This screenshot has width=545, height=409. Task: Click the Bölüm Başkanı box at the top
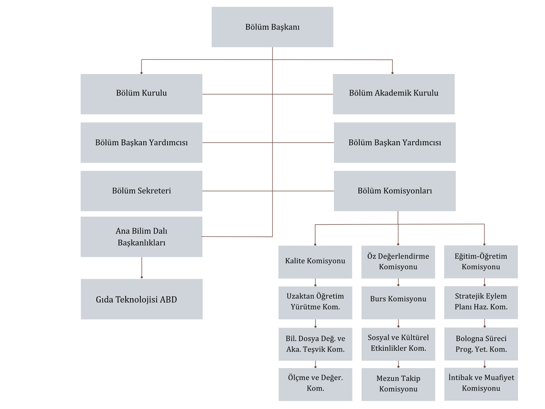[x=272, y=27]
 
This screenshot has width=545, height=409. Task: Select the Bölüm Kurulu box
[x=141, y=94]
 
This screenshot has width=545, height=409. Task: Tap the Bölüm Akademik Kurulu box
[x=393, y=94]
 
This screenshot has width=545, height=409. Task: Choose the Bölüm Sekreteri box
[x=141, y=191]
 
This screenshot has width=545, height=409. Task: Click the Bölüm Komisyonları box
[x=395, y=191]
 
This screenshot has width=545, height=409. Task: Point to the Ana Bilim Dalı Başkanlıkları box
[x=141, y=237]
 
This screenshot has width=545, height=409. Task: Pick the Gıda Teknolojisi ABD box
[x=142, y=299]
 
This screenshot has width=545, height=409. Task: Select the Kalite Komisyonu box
[x=315, y=262]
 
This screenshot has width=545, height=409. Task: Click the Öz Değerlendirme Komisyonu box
[x=398, y=262]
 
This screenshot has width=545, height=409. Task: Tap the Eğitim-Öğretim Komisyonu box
[x=481, y=262]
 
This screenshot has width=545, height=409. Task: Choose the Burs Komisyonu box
[x=398, y=303]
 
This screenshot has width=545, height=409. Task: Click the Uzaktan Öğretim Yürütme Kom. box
[x=315, y=303]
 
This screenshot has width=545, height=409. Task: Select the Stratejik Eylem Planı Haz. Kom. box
[x=481, y=302]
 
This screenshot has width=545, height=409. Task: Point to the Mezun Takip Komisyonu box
[x=398, y=384]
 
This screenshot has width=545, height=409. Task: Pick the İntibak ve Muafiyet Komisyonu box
[x=481, y=384]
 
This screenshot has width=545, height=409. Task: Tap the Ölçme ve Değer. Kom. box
[x=315, y=384]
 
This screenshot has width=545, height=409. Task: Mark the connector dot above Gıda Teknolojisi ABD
[x=142, y=277]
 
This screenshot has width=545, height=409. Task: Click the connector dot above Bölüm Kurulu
[x=142, y=73]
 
